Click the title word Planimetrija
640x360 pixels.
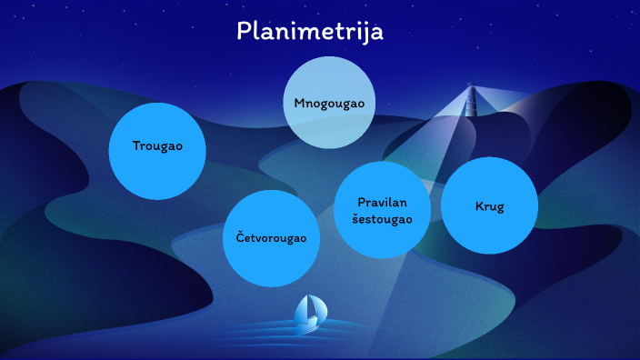click(310, 31)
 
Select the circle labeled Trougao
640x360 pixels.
click(157, 151)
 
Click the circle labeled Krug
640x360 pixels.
click(489, 205)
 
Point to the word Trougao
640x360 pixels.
click(157, 146)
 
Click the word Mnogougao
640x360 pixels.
click(329, 103)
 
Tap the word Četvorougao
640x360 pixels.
click(271, 238)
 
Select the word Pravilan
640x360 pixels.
click(382, 202)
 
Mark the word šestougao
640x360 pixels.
click(382, 218)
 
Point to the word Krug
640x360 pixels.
click(489, 206)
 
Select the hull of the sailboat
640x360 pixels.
click(308, 325)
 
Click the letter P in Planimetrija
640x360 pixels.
click(244, 31)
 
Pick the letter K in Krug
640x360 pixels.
click(479, 206)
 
